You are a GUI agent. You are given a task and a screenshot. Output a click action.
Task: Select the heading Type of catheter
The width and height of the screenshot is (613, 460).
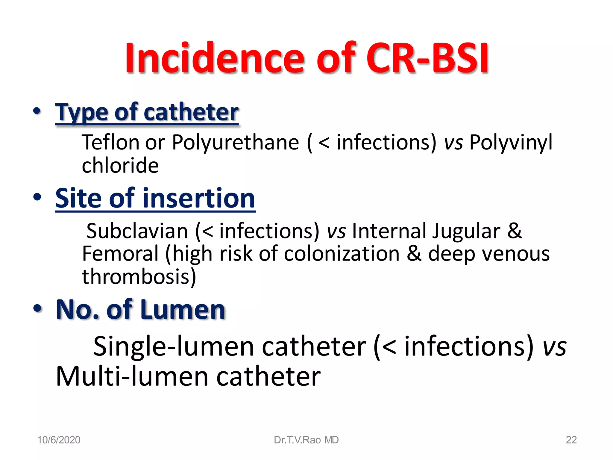pyautogui.click(x=147, y=112)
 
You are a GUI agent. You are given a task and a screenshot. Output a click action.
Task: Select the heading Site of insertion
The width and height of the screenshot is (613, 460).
pyautogui.click(x=155, y=198)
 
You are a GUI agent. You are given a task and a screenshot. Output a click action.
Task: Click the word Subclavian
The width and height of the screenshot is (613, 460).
pyautogui.click(x=137, y=231)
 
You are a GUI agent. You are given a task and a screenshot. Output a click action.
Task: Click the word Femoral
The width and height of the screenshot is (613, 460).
pyautogui.click(x=120, y=254)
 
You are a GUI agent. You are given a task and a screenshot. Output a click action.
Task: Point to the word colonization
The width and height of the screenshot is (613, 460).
pyautogui.click(x=342, y=254)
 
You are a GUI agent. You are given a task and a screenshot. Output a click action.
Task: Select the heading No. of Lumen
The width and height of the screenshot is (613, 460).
pyautogui.click(x=141, y=310)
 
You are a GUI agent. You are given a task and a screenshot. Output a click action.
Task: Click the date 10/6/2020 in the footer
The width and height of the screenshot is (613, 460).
pyautogui.click(x=59, y=440)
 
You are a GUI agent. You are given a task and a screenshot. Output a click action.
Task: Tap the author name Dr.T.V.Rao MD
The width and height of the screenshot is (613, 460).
pyautogui.click(x=306, y=440)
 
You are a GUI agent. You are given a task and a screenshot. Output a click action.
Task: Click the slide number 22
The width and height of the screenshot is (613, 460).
pyautogui.click(x=571, y=440)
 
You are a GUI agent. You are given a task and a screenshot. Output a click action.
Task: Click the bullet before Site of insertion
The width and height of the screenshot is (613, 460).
pyautogui.click(x=37, y=197)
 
